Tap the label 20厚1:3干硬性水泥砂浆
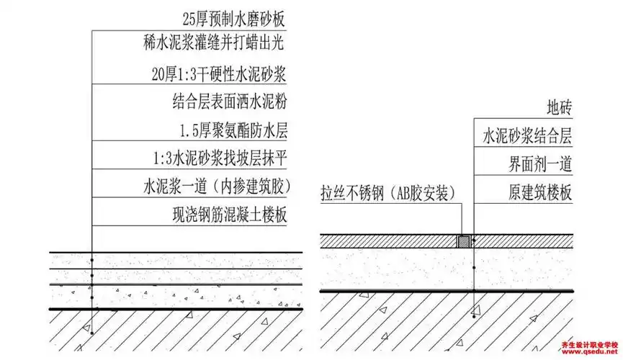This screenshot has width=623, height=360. (x=220, y=73)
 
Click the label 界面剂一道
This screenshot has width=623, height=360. (x=537, y=164)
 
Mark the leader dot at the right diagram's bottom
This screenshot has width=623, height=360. (x=472, y=315)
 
